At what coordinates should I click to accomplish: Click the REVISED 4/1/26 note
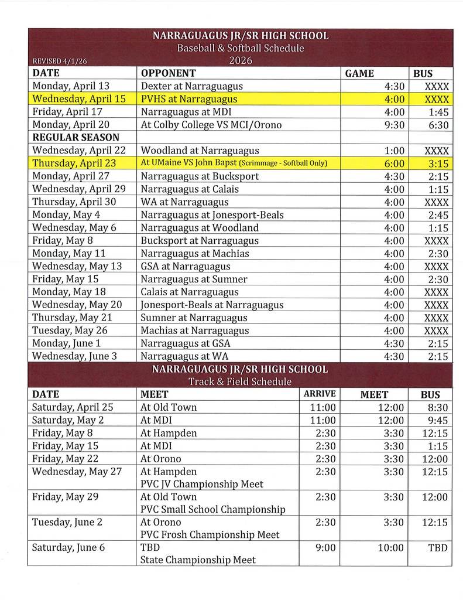point(57,60)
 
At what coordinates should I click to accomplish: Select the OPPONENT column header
point(168,73)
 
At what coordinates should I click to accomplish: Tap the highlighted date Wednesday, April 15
point(79,99)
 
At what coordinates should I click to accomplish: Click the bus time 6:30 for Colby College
point(438,125)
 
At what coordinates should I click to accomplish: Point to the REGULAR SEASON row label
point(76,138)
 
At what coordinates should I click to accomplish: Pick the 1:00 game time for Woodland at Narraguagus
point(394,151)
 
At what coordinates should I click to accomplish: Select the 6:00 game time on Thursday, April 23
point(394,163)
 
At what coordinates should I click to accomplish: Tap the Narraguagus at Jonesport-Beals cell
point(212,215)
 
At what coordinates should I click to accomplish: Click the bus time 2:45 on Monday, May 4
point(438,215)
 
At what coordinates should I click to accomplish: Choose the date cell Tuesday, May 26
point(70,330)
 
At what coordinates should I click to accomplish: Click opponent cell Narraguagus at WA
point(184,356)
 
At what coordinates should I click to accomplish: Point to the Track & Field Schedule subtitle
point(239,381)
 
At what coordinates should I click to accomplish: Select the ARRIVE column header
point(320,394)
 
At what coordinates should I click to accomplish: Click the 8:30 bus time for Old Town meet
point(438,407)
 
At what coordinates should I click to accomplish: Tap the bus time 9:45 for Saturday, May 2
point(438,420)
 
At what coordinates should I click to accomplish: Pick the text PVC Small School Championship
point(213,509)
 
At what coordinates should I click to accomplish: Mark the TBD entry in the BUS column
point(437,547)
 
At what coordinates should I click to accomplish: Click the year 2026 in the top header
point(240,60)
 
